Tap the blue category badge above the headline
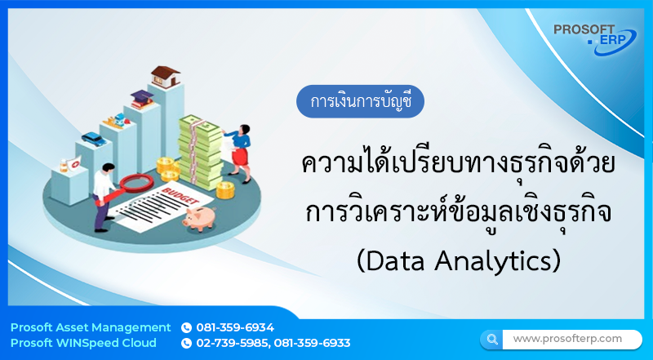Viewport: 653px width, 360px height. click(361, 103)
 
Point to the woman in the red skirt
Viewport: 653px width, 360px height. click(242, 146)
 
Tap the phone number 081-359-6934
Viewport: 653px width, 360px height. click(235, 327)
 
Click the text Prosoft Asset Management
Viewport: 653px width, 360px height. click(91, 327)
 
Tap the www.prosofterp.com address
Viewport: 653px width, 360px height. click(567, 338)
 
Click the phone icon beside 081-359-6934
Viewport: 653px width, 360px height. click(186, 327)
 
